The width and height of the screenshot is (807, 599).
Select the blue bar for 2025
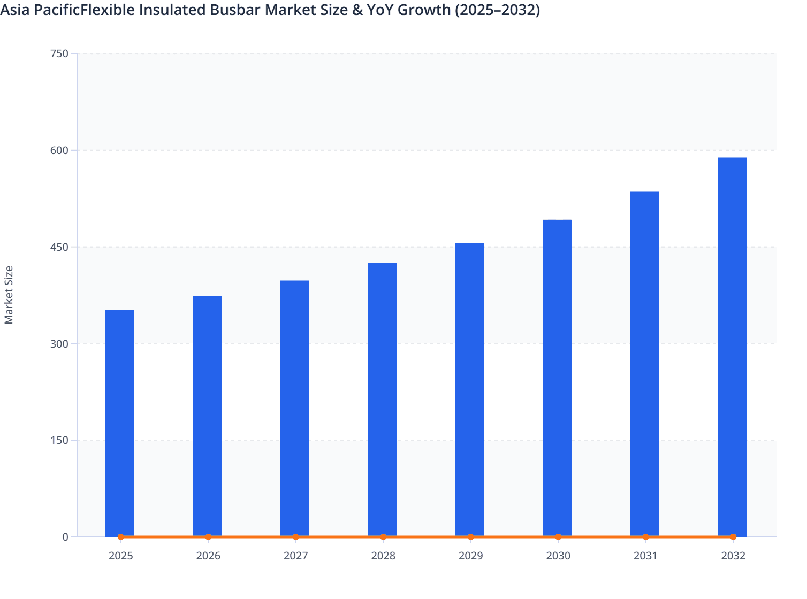(x=120, y=423)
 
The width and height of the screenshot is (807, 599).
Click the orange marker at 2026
(x=208, y=537)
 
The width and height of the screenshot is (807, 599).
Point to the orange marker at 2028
(x=383, y=537)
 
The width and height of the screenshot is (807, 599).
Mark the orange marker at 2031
(x=645, y=537)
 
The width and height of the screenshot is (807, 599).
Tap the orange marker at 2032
(x=733, y=537)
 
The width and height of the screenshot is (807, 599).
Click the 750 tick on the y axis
(x=59, y=53)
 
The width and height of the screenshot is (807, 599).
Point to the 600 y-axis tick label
(x=59, y=150)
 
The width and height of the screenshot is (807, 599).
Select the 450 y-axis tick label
(x=59, y=247)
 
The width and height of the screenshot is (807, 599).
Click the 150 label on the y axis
(x=59, y=440)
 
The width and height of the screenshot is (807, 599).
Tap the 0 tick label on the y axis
(x=65, y=537)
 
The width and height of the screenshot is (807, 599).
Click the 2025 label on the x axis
(x=120, y=556)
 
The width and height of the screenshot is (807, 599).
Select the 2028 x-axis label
(x=383, y=556)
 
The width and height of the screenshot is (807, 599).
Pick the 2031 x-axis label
(x=645, y=556)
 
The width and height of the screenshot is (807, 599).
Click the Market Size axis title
(x=9, y=295)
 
